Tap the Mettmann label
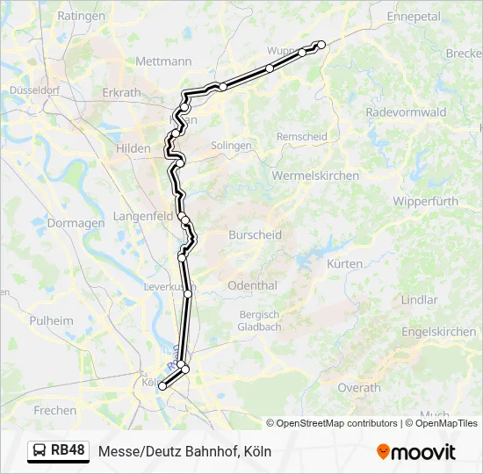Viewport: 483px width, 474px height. coord(164,61)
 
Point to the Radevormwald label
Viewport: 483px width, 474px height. coord(406,112)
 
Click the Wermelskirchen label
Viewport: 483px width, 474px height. coord(316,176)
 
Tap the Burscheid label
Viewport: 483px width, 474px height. coord(255,235)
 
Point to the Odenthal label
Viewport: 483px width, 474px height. coord(252,286)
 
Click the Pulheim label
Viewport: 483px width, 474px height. coord(51,320)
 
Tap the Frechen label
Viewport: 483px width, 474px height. coord(54,410)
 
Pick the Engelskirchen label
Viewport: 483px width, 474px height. coord(438,332)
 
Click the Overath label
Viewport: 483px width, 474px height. coord(359,387)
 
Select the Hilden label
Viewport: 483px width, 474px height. coord(133,149)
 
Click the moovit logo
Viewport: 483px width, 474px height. coord(416,452)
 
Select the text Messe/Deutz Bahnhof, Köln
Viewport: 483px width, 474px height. coord(185,452)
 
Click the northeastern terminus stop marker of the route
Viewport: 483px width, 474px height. coord(321,44)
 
